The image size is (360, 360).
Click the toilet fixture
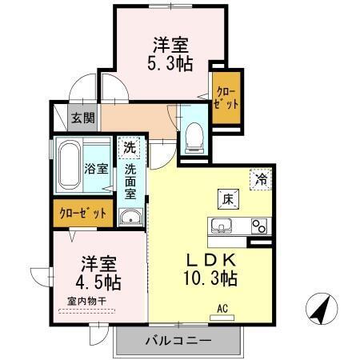click(193, 138)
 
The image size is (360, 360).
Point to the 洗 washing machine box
click(130, 147)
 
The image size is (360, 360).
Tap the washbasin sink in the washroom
click(130, 217)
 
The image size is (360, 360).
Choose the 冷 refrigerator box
click(261, 179)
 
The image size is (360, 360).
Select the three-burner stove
click(258, 225)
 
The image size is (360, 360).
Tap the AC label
click(222, 306)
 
